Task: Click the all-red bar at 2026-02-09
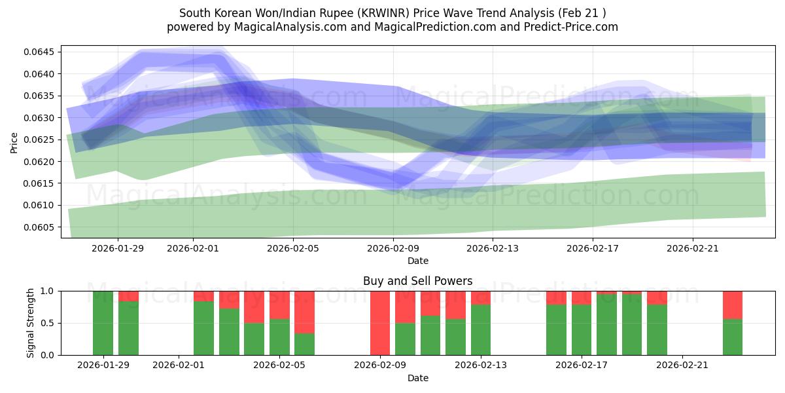pyautogui.click(x=380, y=323)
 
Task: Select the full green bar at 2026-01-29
pyautogui.click(x=103, y=323)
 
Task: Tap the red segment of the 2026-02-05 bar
pyautogui.click(x=279, y=305)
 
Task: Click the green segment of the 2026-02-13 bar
pyautogui.click(x=481, y=329)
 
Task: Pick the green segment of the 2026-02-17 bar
pyautogui.click(x=582, y=329)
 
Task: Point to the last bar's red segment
pyautogui.click(x=733, y=305)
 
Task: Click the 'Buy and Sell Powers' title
pyautogui.click(x=417, y=281)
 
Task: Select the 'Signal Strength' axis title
pyautogui.click(x=31, y=323)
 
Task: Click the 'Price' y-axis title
pyautogui.click(x=14, y=141)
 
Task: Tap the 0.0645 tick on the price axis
pyautogui.click(x=41, y=52)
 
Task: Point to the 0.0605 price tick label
pyautogui.click(x=41, y=227)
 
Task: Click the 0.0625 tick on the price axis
pyautogui.click(x=41, y=140)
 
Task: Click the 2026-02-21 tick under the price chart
pyautogui.click(x=693, y=248)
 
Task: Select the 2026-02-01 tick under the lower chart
pyautogui.click(x=179, y=365)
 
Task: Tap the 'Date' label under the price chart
pyautogui.click(x=417, y=261)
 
